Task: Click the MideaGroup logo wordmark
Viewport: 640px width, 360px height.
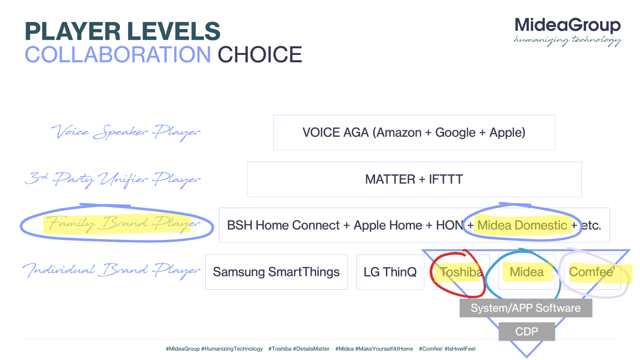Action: pyautogui.click(x=567, y=26)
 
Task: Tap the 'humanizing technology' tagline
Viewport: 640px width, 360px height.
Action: pyautogui.click(x=567, y=41)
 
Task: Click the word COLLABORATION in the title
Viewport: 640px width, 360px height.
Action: pyautogui.click(x=118, y=54)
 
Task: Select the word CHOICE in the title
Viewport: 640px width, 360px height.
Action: pyautogui.click(x=260, y=54)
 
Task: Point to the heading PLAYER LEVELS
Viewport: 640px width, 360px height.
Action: pyautogui.click(x=122, y=31)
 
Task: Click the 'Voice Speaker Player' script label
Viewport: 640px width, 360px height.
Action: pyautogui.click(x=126, y=132)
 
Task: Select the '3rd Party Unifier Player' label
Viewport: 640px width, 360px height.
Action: pyautogui.click(x=113, y=179)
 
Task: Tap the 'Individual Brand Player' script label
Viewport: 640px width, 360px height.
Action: pyautogui.click(x=112, y=270)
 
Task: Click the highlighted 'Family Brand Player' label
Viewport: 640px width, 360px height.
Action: pyautogui.click(x=123, y=224)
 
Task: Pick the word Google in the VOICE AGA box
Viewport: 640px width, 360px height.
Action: pyautogui.click(x=455, y=133)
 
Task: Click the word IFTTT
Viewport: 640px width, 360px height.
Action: pyautogui.click(x=446, y=180)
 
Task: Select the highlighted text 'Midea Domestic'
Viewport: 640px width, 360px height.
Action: pyautogui.click(x=522, y=225)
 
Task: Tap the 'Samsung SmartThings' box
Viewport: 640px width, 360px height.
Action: pyautogui.click(x=277, y=272)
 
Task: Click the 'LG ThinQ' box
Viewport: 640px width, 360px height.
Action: pyautogui.click(x=390, y=272)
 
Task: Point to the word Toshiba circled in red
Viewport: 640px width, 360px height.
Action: pyautogui.click(x=460, y=272)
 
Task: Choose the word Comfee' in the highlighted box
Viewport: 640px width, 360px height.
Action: pyautogui.click(x=592, y=272)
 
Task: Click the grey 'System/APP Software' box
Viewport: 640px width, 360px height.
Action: pyautogui.click(x=526, y=308)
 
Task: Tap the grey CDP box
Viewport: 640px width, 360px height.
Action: pyautogui.click(x=527, y=331)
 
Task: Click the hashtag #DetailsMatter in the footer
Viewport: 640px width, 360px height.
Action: pyautogui.click(x=311, y=349)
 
